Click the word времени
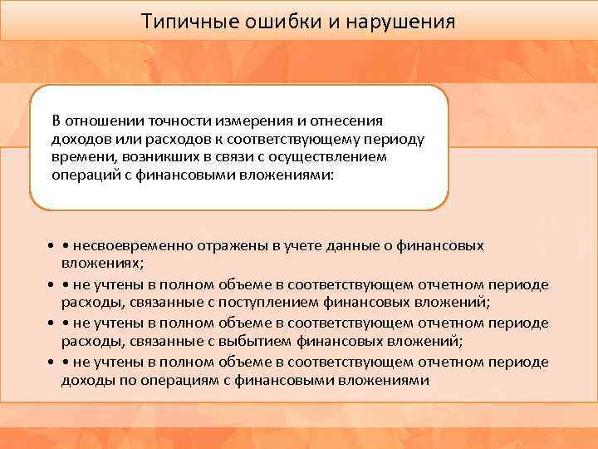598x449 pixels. (78, 158)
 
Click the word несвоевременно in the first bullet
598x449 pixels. (132, 246)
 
